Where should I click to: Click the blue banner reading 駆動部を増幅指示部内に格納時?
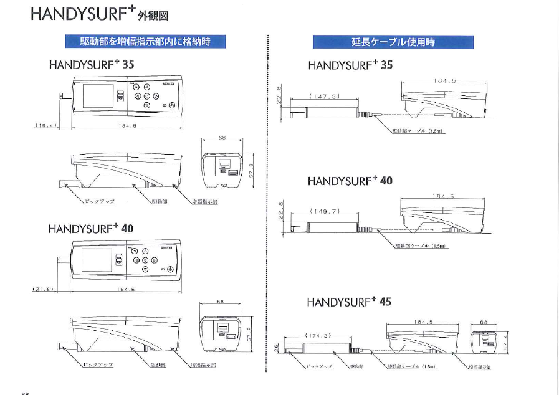(x=145, y=42)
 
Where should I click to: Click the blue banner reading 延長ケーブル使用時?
(x=393, y=42)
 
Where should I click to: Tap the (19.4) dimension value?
(x=45, y=125)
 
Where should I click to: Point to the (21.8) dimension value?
(x=44, y=289)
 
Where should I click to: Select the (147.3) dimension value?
(x=324, y=97)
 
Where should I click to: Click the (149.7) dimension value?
(x=324, y=211)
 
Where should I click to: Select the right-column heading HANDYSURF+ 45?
(x=349, y=302)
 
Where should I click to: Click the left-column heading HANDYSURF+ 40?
(x=91, y=229)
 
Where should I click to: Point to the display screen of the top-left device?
(x=98, y=96)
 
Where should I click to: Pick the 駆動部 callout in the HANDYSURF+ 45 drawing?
(x=357, y=366)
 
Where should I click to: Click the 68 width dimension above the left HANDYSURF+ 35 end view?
(x=221, y=137)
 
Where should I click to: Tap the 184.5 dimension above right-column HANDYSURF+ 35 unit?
(x=444, y=80)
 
